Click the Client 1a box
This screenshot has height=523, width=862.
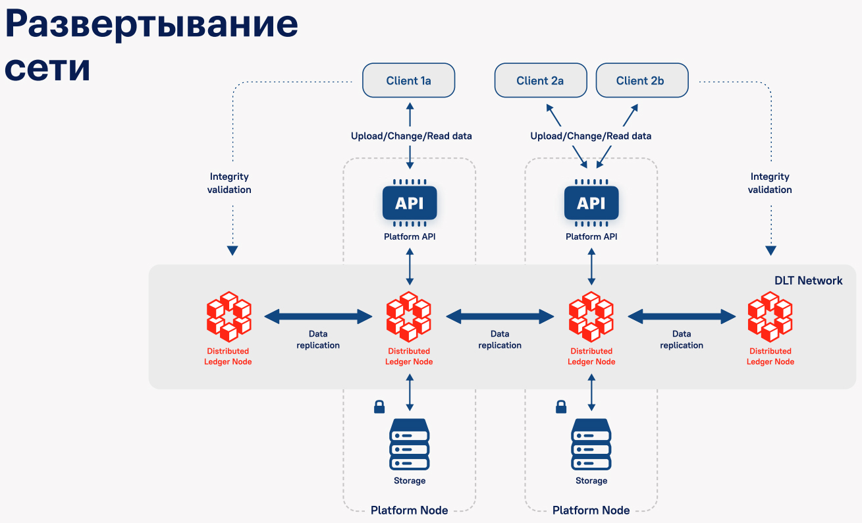coord(409,81)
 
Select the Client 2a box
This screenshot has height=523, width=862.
coord(540,81)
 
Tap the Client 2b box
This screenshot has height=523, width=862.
coord(641,81)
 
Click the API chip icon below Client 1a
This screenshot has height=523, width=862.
coord(410,203)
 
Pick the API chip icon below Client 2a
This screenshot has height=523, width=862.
coord(591,203)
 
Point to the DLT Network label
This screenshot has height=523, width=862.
coord(808,281)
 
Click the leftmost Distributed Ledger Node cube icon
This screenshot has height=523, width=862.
coord(229,316)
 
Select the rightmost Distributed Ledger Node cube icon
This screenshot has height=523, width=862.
coord(770,316)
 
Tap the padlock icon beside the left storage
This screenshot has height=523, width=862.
coord(379,406)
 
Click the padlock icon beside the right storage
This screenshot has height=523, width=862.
coord(561,406)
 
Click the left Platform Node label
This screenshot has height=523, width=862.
coord(409,510)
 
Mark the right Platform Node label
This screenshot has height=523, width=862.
coord(591,510)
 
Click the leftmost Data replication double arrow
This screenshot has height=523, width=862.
coord(319,317)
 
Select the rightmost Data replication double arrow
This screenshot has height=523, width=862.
coord(682,317)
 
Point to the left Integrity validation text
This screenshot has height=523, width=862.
coord(229,183)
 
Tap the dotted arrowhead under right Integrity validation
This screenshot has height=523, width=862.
coord(770,251)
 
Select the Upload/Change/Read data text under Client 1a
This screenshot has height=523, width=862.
coord(411,136)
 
